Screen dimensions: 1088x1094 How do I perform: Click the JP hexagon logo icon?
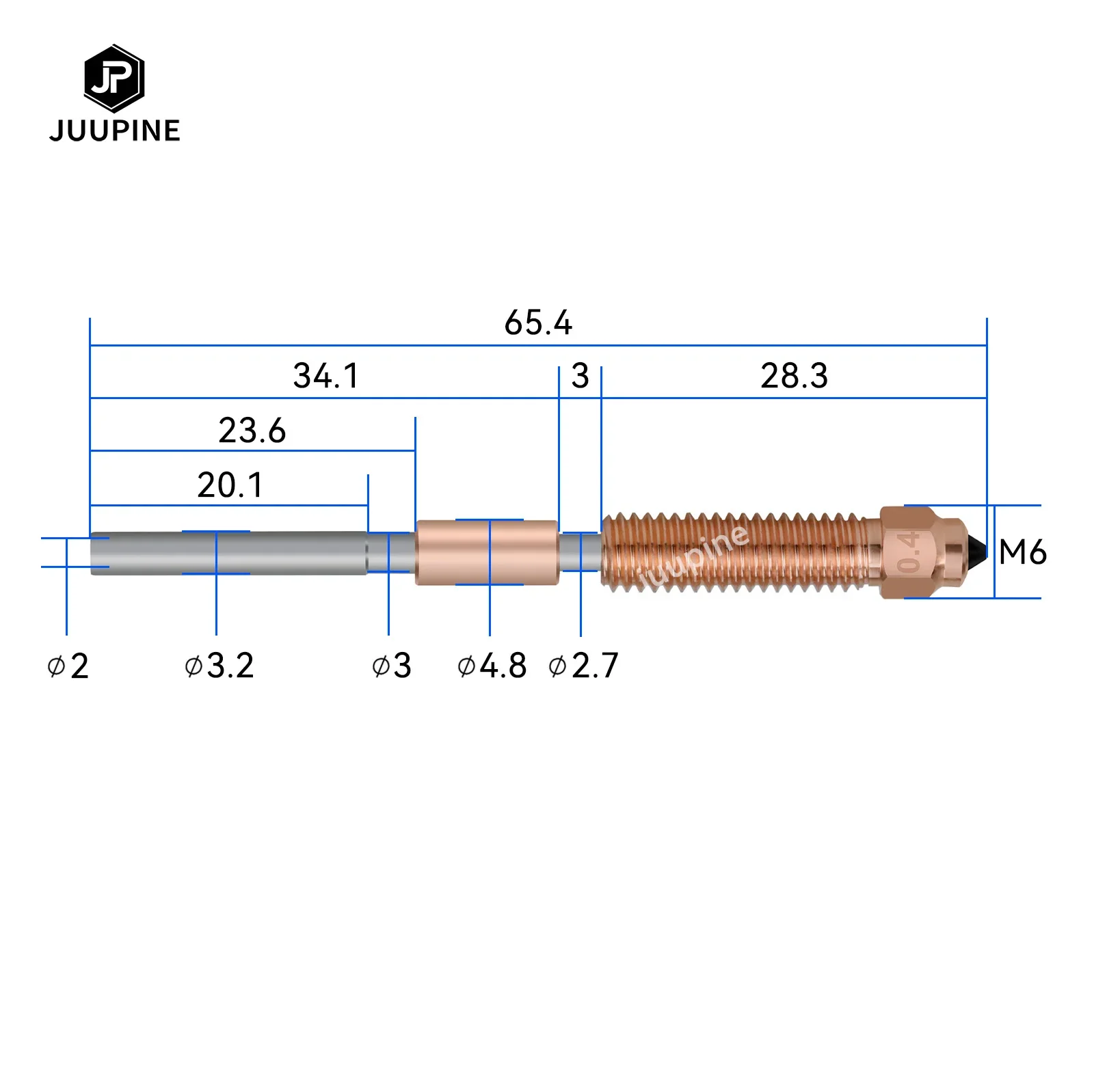(114, 79)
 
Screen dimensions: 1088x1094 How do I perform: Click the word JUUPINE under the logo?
(114, 131)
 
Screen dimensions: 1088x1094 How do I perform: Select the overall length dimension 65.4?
(537, 323)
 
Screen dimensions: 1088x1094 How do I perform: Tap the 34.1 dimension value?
(325, 376)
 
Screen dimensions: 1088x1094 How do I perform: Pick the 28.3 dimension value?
(794, 376)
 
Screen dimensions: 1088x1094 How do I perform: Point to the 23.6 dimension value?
(252, 431)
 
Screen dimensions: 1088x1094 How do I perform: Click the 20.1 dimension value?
(230, 485)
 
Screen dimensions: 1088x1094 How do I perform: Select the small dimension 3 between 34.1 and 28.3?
(580, 376)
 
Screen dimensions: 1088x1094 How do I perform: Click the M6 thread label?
(1022, 552)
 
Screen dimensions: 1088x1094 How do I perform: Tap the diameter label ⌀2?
(68, 666)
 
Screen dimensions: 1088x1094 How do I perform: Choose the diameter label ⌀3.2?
(219, 666)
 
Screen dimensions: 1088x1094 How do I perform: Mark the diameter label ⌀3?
(391, 666)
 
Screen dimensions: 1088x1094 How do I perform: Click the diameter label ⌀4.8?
(492, 666)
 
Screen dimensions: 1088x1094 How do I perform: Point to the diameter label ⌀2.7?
(583, 666)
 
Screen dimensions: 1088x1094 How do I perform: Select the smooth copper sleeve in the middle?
(486, 552)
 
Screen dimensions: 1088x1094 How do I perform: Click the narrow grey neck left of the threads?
(580, 552)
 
